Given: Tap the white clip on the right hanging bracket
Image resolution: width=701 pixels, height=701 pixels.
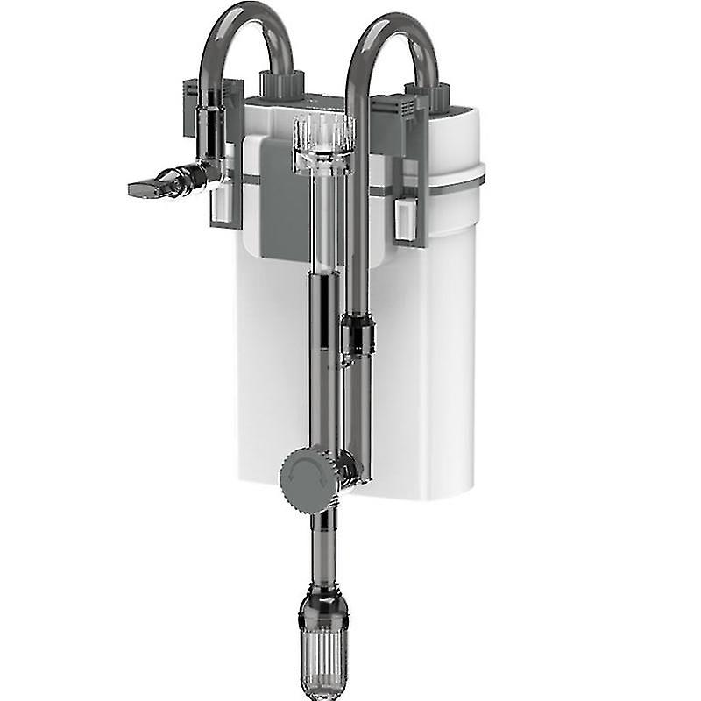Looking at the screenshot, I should [405, 219].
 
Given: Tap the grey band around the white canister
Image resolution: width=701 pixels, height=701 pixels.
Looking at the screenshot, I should [456, 182].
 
